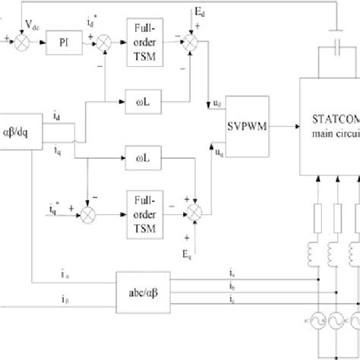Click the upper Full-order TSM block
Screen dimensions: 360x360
pos(145,34)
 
